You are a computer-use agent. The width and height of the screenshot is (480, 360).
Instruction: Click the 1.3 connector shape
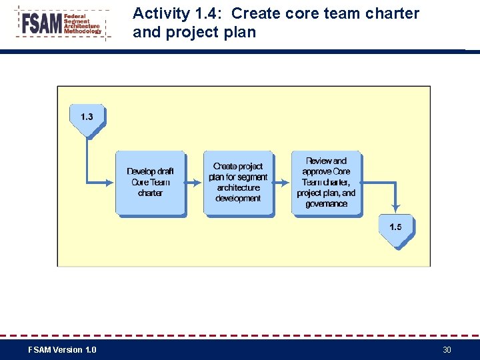[87, 119]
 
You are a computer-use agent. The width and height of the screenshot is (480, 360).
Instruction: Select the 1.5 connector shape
[395, 229]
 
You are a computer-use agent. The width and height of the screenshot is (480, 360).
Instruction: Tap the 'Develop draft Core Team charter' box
[150, 183]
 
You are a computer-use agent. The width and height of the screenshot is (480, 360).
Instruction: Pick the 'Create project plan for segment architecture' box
[238, 183]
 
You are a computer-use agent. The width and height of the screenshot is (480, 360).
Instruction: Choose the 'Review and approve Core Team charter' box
[326, 183]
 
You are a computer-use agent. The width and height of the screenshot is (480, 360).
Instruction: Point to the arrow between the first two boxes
[194, 181]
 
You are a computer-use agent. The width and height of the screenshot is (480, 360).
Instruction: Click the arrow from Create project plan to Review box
[282, 181]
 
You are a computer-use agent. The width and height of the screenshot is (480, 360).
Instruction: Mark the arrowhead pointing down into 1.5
[396, 209]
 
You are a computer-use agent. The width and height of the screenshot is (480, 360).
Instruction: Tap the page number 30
[447, 350]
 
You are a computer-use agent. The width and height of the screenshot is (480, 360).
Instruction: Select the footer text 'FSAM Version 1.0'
[62, 350]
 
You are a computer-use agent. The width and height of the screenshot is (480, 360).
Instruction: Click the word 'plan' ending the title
[241, 32]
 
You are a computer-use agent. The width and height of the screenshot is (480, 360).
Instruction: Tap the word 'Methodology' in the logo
[83, 31]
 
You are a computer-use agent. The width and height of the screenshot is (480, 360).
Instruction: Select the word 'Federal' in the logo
[75, 15]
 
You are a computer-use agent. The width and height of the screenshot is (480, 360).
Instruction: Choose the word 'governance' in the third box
[326, 204]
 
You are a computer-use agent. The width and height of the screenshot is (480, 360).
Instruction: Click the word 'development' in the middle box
[238, 199]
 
